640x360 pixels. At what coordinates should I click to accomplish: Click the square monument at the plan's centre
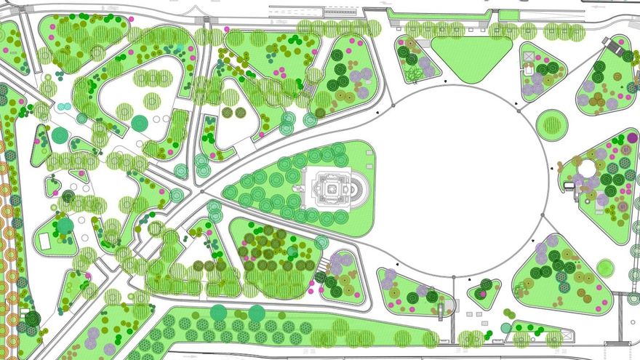330,189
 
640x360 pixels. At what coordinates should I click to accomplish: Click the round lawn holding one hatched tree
552,125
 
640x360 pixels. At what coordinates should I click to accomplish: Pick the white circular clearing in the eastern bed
587,168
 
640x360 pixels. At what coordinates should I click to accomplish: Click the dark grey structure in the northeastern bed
628,55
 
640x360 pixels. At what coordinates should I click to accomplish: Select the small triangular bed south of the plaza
484,292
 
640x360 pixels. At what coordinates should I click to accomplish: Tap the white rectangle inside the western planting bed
45,241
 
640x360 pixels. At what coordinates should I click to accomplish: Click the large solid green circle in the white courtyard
139,123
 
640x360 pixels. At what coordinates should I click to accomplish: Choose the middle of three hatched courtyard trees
152,100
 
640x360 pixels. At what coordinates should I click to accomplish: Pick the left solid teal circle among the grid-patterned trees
218,312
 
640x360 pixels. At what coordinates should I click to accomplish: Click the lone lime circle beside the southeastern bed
605,268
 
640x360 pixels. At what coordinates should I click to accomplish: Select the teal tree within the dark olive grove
292,252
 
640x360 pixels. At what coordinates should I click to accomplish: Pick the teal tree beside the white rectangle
65,226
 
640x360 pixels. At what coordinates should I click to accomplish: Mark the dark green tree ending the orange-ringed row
32,319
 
